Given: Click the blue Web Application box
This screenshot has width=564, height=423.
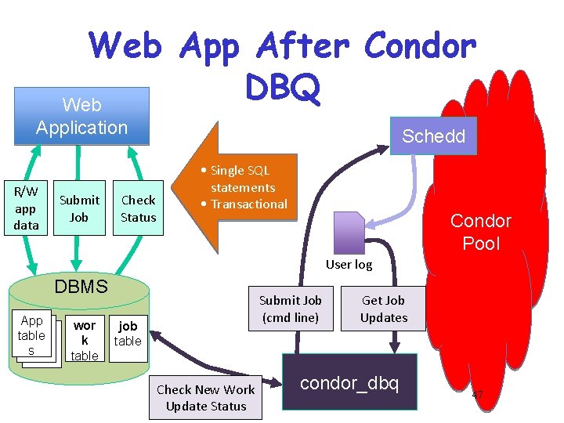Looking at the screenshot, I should pyautogui.click(x=81, y=116).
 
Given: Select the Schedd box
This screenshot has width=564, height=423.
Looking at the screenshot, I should pyautogui.click(x=433, y=136).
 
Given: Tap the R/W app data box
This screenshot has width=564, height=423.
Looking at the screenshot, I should pyautogui.click(x=26, y=208).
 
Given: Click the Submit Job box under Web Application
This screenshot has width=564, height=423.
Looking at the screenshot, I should pyautogui.click(x=79, y=208).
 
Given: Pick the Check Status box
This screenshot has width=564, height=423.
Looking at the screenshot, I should pyautogui.click(x=138, y=208).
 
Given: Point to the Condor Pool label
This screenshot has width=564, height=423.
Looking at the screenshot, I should pyautogui.click(x=480, y=232).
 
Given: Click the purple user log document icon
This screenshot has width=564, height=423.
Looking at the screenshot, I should pyautogui.click(x=349, y=233).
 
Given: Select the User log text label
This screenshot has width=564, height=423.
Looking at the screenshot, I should pyautogui.click(x=349, y=265).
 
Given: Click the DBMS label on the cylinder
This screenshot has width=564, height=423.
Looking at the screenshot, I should pyautogui.click(x=81, y=287).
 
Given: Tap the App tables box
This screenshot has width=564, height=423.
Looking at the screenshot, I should pyautogui.click(x=31, y=335).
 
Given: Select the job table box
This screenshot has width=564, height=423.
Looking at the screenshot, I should pyautogui.click(x=128, y=333).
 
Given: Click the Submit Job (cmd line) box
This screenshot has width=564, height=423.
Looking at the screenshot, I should pyautogui.click(x=290, y=309).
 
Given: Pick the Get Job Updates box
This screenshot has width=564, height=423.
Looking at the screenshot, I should pyautogui.click(x=383, y=309).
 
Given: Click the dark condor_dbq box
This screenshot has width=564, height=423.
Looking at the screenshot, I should pyautogui.click(x=349, y=382).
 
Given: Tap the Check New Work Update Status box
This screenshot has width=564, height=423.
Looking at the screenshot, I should pyautogui.click(x=206, y=397).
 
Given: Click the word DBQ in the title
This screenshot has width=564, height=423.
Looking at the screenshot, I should pyautogui.click(x=282, y=87).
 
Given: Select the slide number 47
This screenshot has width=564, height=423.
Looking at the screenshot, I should pyautogui.click(x=477, y=393).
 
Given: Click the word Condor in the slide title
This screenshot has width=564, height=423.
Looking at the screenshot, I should pyautogui.click(x=420, y=45).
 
